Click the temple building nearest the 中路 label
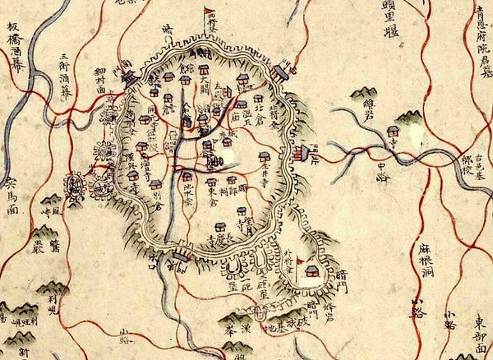click(x=394, y=131)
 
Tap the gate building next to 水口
click(x=182, y=262)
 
